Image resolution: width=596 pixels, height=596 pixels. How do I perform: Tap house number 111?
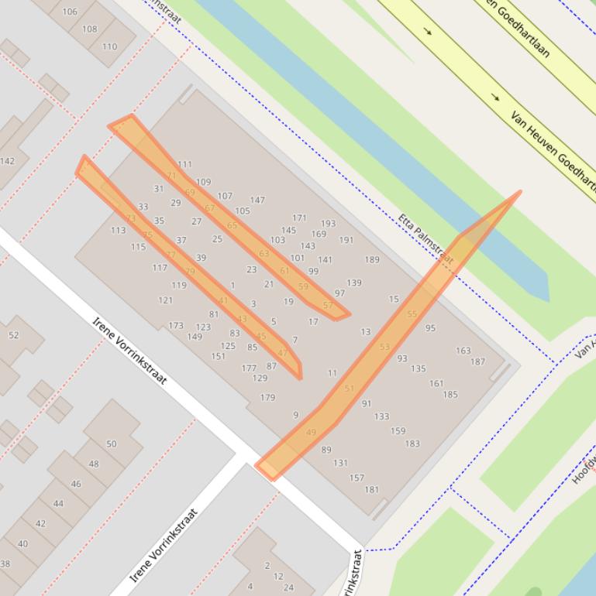(184, 164)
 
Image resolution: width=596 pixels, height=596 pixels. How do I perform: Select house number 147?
(257, 200)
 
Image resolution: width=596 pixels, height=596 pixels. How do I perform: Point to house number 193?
(328, 224)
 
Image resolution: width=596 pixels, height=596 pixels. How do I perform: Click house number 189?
(372, 260)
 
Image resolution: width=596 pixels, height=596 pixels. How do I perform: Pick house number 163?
(463, 351)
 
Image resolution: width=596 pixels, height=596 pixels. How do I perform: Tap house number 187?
(477, 361)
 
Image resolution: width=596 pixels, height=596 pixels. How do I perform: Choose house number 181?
(372, 489)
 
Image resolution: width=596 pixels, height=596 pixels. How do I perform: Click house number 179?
(267, 398)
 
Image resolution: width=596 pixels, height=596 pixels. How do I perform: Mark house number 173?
(176, 326)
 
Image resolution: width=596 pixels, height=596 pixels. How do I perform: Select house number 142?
(7, 161)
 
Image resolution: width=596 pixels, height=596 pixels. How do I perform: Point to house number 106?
(70, 12)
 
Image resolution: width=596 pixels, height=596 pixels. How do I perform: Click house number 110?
(109, 46)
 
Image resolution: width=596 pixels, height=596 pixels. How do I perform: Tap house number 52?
(14, 335)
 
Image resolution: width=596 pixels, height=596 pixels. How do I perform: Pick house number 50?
(112, 444)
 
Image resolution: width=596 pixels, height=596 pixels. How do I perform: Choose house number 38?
(5, 563)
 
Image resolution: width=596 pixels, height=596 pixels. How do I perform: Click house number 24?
(288, 587)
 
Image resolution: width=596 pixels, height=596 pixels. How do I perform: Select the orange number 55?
(412, 314)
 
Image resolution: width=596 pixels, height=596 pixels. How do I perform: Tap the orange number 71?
(172, 176)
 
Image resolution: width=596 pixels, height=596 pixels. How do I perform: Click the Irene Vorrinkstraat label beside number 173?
(129, 350)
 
